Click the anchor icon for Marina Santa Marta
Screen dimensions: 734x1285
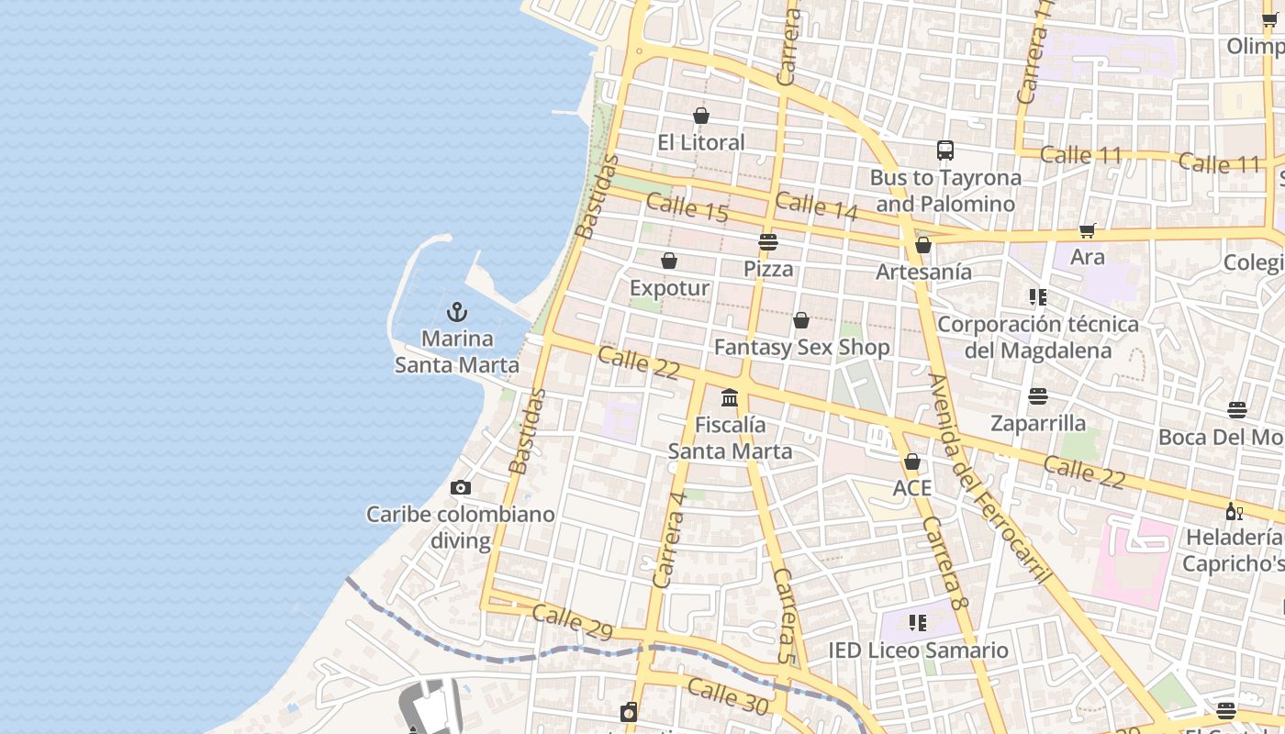pos(457,312)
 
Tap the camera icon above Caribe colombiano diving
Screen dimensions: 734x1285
pos(461,488)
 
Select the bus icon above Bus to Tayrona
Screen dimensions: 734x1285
pos(945,150)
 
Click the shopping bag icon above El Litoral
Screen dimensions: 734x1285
pos(701,116)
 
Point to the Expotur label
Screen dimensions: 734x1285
pos(669,288)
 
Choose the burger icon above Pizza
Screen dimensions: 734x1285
pos(768,242)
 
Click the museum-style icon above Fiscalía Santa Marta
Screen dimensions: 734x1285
pos(730,397)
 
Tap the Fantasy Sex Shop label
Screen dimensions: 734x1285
pos(801,348)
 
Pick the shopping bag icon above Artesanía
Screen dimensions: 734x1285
pos(923,245)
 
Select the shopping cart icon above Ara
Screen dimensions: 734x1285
pos(1088,230)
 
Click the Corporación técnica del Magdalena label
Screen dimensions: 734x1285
pos(1037,337)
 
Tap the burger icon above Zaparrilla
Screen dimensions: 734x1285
pos(1038,396)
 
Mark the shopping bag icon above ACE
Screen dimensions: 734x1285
pos(912,461)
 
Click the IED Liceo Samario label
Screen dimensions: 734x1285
pos(918,651)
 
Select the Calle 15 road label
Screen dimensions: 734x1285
pos(687,207)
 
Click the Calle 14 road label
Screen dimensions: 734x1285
pos(816,206)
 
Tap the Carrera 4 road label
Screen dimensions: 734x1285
pos(669,539)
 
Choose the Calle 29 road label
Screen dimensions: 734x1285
pos(572,620)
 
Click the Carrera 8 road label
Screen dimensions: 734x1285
pos(945,564)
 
